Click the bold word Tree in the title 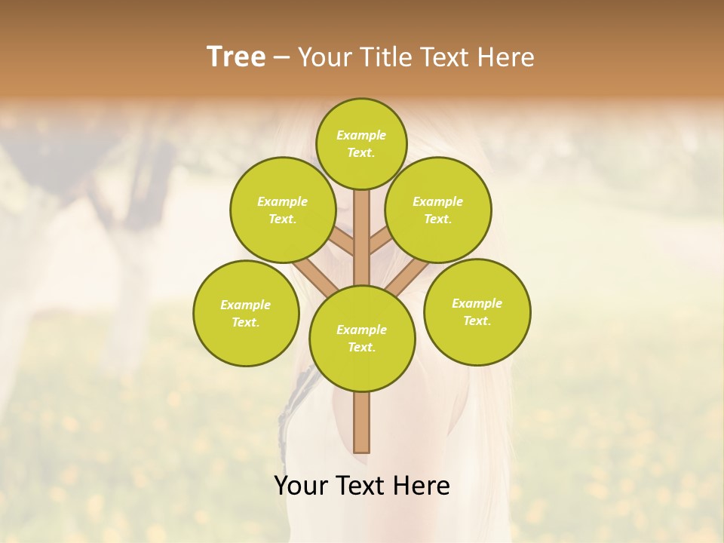pyautogui.click(x=236, y=57)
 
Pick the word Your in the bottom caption pyautogui.click(x=301, y=486)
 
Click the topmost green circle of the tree pyautogui.click(x=361, y=143)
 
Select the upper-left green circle pyautogui.click(x=283, y=210)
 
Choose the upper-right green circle pyautogui.click(x=438, y=210)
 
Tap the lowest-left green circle pyautogui.click(x=246, y=313)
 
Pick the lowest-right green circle pyautogui.click(x=477, y=311)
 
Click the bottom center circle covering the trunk pyautogui.click(x=362, y=338)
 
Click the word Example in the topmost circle pyautogui.click(x=361, y=135)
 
